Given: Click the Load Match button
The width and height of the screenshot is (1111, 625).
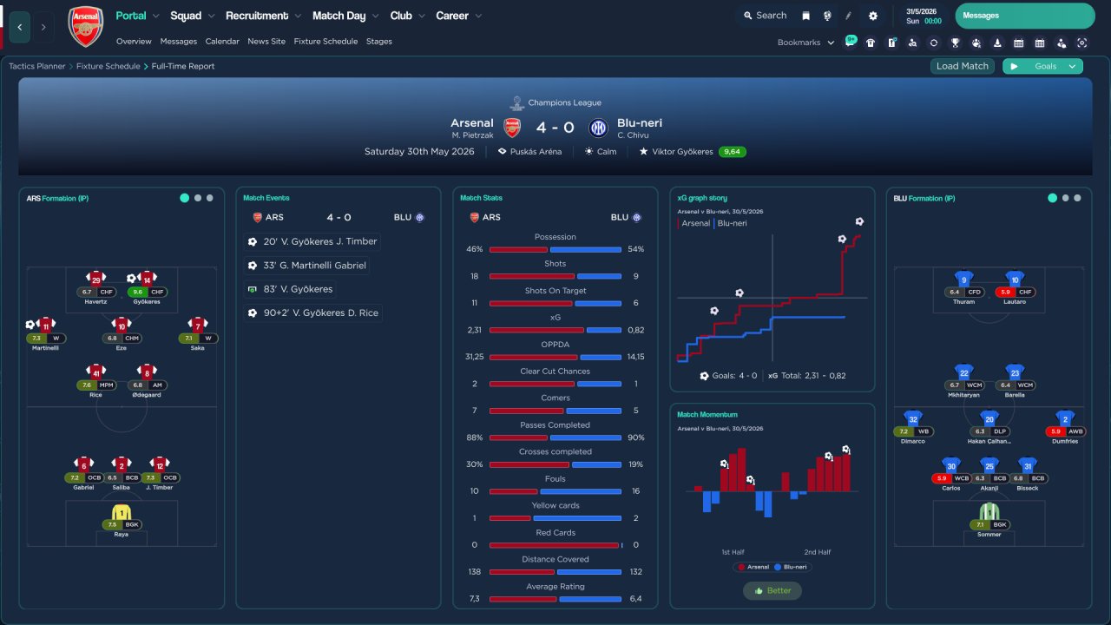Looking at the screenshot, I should pyautogui.click(x=963, y=66).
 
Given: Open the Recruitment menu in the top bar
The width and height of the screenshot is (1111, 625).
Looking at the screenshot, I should pyautogui.click(x=257, y=16).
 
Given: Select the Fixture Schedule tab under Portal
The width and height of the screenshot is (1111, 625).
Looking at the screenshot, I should pyautogui.click(x=325, y=41).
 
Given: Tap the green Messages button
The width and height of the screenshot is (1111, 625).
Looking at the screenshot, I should pyautogui.click(x=1024, y=16).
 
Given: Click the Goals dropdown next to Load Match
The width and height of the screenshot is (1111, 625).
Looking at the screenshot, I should pyautogui.click(x=1055, y=66).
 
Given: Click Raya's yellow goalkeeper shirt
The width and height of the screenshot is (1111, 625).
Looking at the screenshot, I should pyautogui.click(x=122, y=514).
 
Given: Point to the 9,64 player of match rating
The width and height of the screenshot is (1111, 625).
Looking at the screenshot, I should pyautogui.click(x=732, y=151).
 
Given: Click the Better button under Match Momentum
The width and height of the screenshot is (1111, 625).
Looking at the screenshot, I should pyautogui.click(x=772, y=590).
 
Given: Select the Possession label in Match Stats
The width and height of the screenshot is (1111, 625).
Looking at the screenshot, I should pyautogui.click(x=555, y=236).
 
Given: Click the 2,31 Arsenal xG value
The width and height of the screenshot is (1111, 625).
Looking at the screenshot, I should pyautogui.click(x=474, y=330).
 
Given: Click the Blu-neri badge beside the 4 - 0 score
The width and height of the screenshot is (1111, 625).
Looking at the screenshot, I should pyautogui.click(x=598, y=128).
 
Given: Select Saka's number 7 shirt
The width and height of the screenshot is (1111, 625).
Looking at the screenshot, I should pyautogui.click(x=198, y=326).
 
